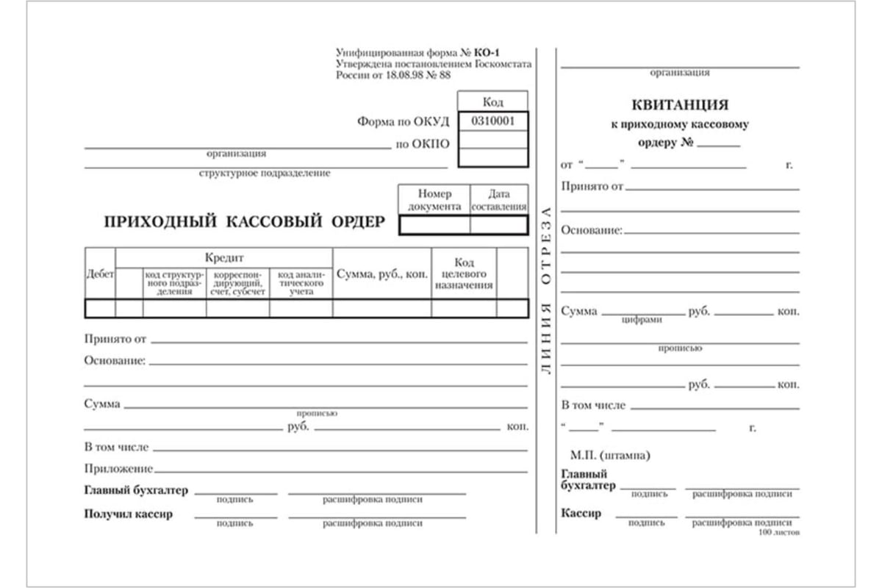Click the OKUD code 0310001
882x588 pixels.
click(492, 121)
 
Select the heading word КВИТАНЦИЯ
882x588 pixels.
click(680, 105)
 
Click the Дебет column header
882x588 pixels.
click(100, 273)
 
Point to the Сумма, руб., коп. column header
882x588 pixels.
click(382, 273)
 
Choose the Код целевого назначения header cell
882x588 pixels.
click(464, 273)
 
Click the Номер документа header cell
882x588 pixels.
click(434, 200)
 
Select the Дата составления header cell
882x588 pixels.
click(499, 200)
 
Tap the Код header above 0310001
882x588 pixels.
click(492, 101)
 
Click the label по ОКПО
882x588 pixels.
click(423, 144)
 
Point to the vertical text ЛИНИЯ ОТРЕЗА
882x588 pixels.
click(545, 290)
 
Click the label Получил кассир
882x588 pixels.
click(129, 514)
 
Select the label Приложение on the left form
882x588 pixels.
click(118, 468)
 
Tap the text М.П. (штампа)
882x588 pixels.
click(610, 456)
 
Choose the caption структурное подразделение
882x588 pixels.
click(265, 174)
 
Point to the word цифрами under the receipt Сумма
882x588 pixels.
click(642, 320)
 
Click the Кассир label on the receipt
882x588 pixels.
click(581, 513)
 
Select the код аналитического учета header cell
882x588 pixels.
click(301, 282)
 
